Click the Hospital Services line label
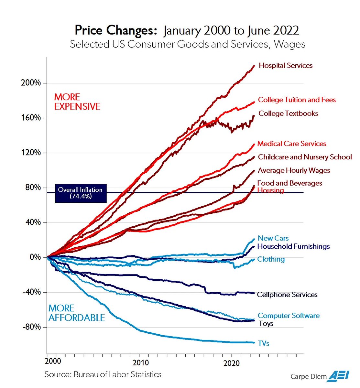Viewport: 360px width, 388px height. pyautogui.click(x=286, y=66)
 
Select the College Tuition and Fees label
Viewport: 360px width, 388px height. pyautogui.click(x=297, y=100)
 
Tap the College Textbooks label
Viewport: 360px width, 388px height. pyautogui.click(x=288, y=113)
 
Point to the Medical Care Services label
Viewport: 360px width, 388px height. pyautogui.click(x=291, y=144)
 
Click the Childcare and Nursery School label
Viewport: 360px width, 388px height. pyautogui.click(x=305, y=157)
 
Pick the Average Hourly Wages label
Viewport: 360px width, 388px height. pyautogui.click(x=294, y=170)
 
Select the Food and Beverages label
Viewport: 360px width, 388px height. pyautogui.click(x=289, y=183)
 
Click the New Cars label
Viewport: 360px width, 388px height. pyautogui.click(x=273, y=238)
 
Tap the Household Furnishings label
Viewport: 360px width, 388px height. pyautogui.click(x=293, y=246)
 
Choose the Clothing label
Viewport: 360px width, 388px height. pyautogui.click(x=271, y=259)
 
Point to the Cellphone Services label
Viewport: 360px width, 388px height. pyautogui.click(x=287, y=295)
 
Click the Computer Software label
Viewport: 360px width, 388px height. pyautogui.click(x=289, y=316)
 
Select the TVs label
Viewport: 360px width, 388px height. pyautogui.click(x=264, y=343)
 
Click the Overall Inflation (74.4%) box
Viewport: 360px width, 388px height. pyautogui.click(x=81, y=193)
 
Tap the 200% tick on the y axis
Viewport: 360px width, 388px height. pyautogui.click(x=31, y=83)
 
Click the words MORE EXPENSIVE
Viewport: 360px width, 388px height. pyautogui.click(x=77, y=102)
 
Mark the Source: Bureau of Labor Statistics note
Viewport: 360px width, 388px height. pyautogui.click(x=103, y=374)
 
